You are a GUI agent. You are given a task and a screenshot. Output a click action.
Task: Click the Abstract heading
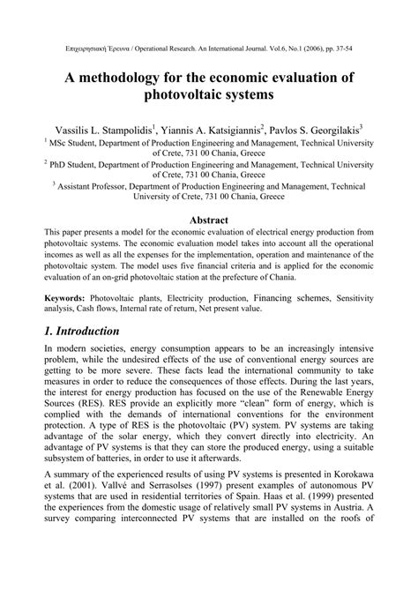[x=209, y=220]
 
